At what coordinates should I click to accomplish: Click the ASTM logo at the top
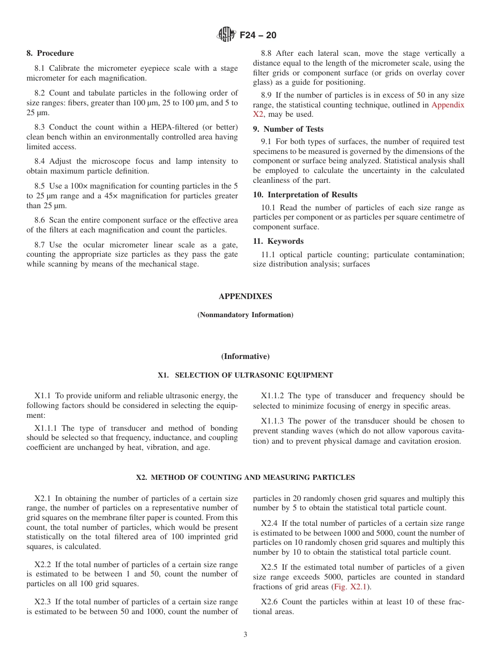[226, 35]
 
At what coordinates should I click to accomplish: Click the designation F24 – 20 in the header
[258, 35]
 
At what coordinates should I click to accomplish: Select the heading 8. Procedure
[50, 53]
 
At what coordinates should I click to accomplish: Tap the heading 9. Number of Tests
[288, 129]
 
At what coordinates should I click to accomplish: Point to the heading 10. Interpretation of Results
[305, 195]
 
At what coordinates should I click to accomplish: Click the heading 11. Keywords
[278, 241]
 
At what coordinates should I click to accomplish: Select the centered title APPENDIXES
[245, 296]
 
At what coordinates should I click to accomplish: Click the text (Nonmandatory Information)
[245, 315]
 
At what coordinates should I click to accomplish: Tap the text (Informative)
[245, 356]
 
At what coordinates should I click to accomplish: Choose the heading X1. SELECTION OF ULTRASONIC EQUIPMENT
[245, 375]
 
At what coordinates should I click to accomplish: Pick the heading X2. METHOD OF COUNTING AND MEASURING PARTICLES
[245, 477]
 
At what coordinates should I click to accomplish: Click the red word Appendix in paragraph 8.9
[448, 105]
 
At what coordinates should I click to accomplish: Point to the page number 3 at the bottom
[245, 635]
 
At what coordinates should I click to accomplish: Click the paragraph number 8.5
[40, 186]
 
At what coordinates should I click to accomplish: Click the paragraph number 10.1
[268, 207]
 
